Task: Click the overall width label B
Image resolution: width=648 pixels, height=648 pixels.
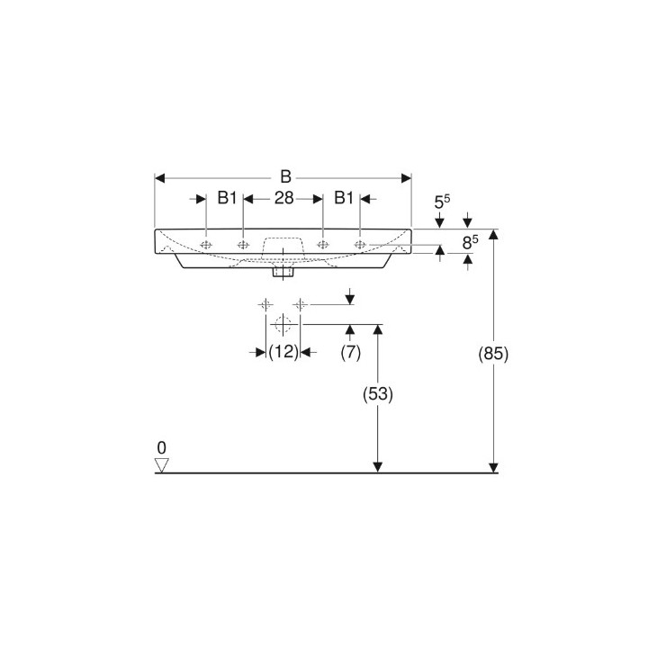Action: coord(285,176)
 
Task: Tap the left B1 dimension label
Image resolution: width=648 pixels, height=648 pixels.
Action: coord(227,199)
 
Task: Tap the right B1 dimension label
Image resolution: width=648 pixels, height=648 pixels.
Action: coord(343,199)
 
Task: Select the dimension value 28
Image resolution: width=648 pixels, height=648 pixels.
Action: coord(284,199)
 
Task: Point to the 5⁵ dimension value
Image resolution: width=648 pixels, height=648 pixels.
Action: coord(442,203)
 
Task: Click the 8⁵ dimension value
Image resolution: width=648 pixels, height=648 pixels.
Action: coord(469,241)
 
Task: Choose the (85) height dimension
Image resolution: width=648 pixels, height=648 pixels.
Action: coord(494,354)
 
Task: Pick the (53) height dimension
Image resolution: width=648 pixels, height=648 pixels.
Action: coord(379,393)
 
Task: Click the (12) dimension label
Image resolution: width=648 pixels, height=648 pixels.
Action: coord(283,353)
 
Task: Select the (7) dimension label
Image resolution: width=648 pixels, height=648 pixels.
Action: coord(350,353)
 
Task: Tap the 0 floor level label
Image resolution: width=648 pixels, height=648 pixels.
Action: coord(161,447)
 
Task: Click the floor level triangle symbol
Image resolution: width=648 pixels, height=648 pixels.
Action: coord(162,464)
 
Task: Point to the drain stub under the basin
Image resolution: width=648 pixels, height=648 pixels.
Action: coord(283,269)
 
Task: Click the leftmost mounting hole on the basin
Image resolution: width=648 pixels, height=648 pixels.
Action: coord(207,244)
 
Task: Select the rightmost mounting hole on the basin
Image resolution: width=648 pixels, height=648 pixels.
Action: coord(360,244)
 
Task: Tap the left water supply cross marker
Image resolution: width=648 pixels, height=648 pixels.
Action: coord(265,304)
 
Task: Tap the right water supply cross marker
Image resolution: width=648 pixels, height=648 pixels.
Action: coord(301,304)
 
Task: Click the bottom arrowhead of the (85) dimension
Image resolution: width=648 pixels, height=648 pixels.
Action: coord(493,466)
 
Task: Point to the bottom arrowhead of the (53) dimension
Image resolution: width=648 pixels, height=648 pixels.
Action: coord(379,466)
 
